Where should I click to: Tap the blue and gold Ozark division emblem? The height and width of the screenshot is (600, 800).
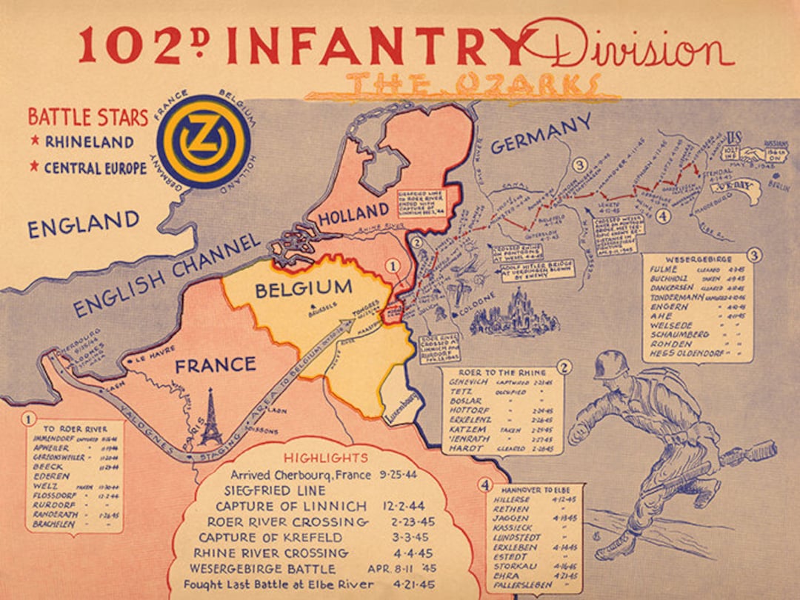tap(204, 141)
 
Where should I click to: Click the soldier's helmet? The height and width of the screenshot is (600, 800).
tap(611, 365)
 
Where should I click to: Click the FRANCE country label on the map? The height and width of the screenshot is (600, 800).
tap(215, 364)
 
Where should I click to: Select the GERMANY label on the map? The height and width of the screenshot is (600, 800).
tap(541, 134)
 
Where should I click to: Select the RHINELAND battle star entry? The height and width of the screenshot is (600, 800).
tap(89, 141)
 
